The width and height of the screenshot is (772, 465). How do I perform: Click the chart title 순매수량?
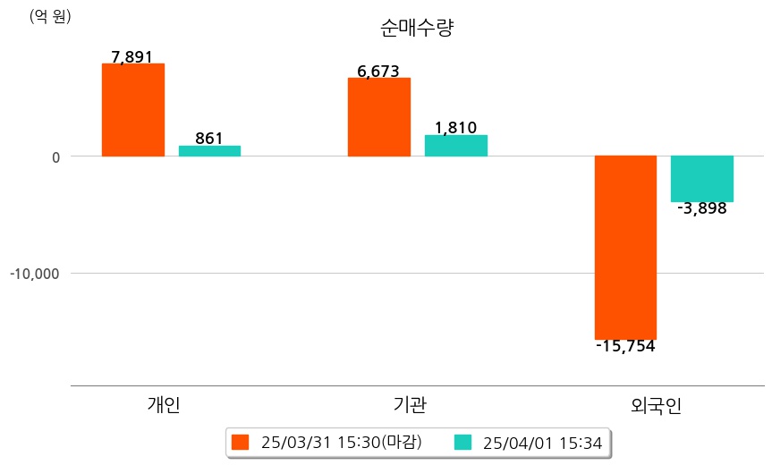(418, 29)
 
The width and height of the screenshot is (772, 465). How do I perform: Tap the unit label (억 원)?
(50, 16)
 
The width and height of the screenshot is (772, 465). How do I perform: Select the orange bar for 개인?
(133, 110)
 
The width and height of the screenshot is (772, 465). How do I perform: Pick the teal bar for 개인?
(209, 151)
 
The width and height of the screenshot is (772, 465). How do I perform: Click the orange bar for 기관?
(379, 117)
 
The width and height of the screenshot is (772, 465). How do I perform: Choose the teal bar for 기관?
(456, 146)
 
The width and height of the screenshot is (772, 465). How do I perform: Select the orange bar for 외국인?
(626, 247)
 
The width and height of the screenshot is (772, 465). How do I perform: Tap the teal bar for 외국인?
(702, 179)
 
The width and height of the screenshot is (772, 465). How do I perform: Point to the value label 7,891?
(132, 57)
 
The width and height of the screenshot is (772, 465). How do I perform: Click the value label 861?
(208, 139)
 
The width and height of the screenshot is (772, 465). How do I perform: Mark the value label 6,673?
(378, 72)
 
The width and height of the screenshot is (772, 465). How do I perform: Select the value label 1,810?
(455, 128)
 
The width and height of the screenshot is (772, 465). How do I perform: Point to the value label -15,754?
(625, 346)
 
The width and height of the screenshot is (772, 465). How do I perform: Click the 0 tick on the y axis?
(55, 157)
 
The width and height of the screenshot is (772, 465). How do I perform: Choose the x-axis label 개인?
(164, 405)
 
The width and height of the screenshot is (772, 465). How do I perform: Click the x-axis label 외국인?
(656, 406)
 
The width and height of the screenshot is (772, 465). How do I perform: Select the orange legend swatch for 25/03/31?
(240, 443)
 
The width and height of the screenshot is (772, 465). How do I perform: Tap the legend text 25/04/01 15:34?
(542, 443)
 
